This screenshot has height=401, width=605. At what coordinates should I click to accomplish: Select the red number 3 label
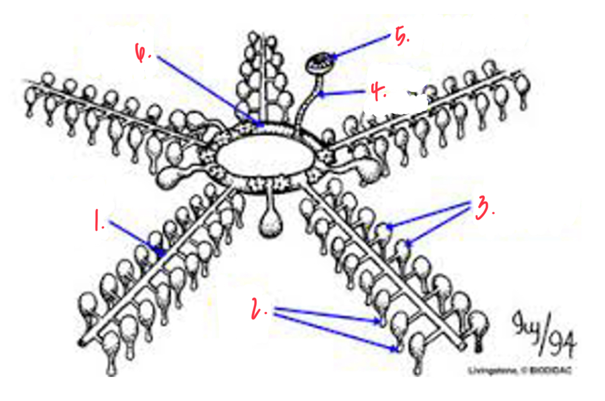(x=485, y=207)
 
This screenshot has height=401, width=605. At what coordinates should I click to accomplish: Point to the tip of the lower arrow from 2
(x=397, y=349)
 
